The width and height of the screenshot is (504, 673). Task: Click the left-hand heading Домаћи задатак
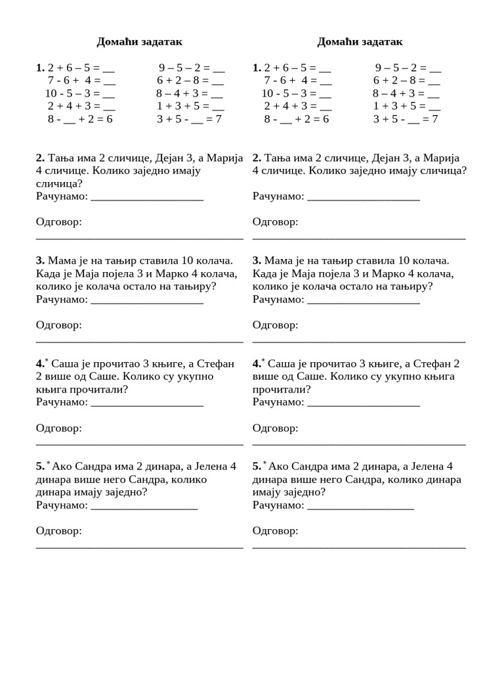[139, 42]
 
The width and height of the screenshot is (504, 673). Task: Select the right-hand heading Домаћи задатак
[360, 42]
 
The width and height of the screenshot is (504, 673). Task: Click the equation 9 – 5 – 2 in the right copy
[408, 68]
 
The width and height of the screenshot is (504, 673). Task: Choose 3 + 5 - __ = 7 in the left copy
[189, 119]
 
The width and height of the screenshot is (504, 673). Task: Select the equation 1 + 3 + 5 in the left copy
[190, 106]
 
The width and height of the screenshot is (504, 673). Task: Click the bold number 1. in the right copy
[257, 68]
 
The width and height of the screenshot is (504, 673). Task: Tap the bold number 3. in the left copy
[40, 260]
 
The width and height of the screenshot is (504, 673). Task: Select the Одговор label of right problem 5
[275, 530]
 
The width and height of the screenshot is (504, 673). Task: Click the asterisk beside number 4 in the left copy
[47, 360]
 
